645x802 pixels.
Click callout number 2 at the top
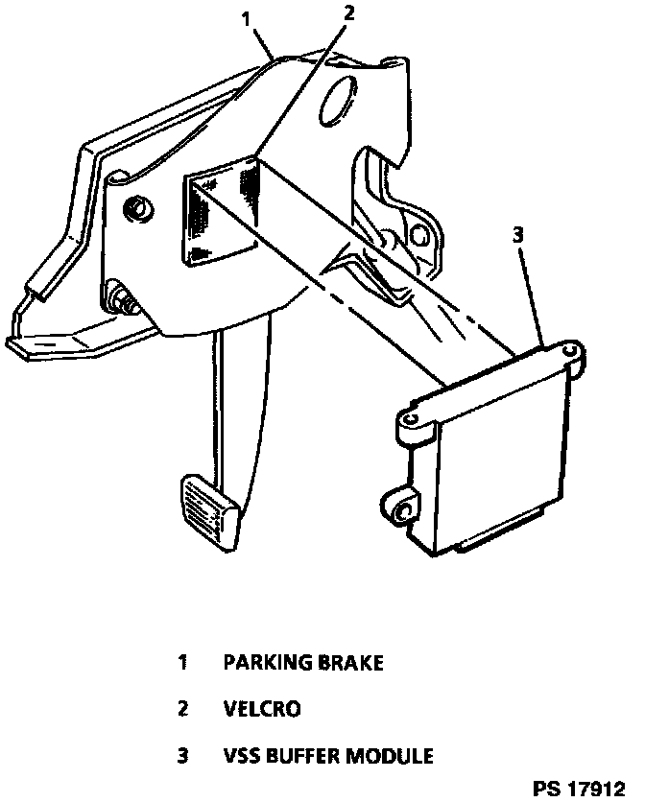click(348, 12)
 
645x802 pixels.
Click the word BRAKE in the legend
click(342, 663)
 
